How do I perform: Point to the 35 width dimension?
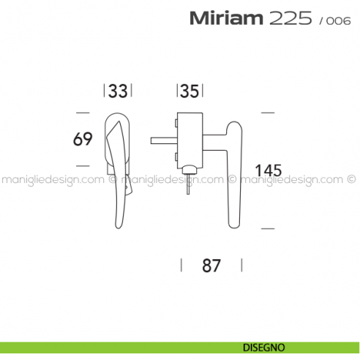pos(189,91)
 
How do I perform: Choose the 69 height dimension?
pos(83,138)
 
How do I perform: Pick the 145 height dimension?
pos(269,170)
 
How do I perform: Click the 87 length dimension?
pos(211,265)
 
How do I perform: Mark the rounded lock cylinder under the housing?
pos(190,170)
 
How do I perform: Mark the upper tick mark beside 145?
pos(267,112)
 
